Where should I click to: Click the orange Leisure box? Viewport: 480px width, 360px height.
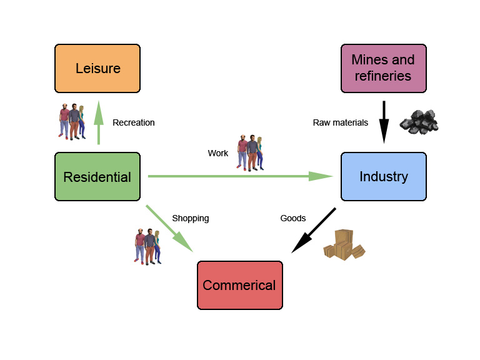pyautogui.click(x=97, y=68)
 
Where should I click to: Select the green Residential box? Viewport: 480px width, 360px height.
pyautogui.click(x=97, y=177)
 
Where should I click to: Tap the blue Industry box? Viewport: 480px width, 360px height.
pyautogui.click(x=383, y=177)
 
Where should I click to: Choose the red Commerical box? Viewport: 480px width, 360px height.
pyautogui.click(x=239, y=285)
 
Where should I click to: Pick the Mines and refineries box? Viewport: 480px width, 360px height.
pyautogui.click(x=383, y=68)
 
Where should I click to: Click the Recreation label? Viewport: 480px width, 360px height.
pyautogui.click(x=133, y=122)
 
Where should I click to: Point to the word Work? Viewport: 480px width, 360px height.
pyautogui.click(x=218, y=153)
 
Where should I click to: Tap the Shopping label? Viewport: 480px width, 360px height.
pyautogui.click(x=190, y=218)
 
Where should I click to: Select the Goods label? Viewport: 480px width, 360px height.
pyautogui.click(x=292, y=218)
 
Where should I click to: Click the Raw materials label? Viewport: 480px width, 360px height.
pyautogui.click(x=340, y=122)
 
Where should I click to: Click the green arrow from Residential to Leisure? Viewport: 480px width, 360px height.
pyautogui.click(x=98, y=124)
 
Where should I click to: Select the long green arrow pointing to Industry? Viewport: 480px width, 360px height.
pyautogui.click(x=237, y=177)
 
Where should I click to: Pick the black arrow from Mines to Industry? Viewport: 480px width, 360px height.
pyautogui.click(x=384, y=122)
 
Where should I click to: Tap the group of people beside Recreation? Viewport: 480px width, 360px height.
pyautogui.click(x=71, y=121)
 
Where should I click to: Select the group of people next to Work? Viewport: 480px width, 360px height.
pyautogui.click(x=250, y=152)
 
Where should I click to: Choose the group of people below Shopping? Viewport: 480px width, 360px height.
pyautogui.click(x=148, y=246)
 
